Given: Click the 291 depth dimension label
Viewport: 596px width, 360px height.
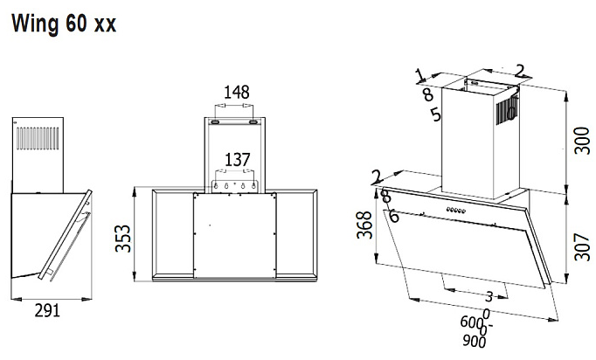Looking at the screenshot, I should pos(46,310).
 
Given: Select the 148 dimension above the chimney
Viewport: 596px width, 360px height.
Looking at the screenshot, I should pos(236,92).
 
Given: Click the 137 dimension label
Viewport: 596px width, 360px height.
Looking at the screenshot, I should pos(237,159).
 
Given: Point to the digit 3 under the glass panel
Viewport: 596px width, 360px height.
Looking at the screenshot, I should pos(489,296).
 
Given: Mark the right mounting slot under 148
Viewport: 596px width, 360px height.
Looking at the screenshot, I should pos(253,123).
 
